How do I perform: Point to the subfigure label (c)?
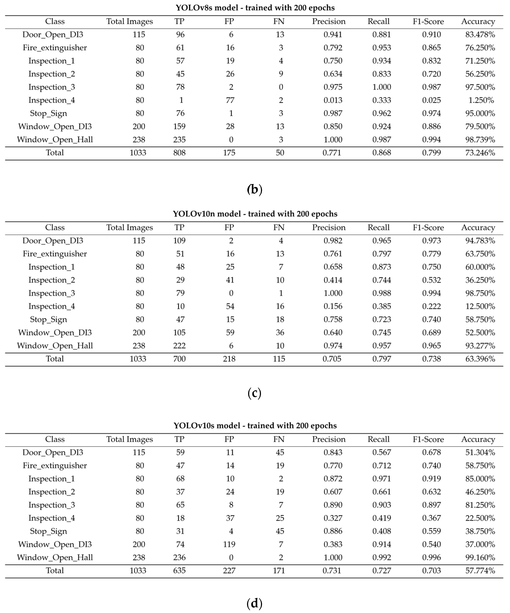(254, 393)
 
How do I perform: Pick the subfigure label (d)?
(254, 603)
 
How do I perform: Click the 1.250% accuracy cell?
(481, 100)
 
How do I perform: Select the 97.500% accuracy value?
(480, 87)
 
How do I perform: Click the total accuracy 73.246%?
(480, 153)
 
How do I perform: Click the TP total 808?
(179, 153)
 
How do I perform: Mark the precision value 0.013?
(333, 100)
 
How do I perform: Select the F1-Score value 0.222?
(431, 306)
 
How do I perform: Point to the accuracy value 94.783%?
(480, 241)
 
